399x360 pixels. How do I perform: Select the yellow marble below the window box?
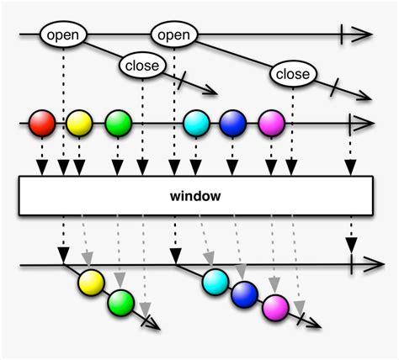(92, 283)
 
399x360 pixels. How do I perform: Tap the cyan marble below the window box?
(215, 281)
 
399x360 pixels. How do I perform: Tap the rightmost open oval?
(173, 35)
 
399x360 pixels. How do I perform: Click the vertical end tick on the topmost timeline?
(342, 35)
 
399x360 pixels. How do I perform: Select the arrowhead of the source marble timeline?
(363, 124)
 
